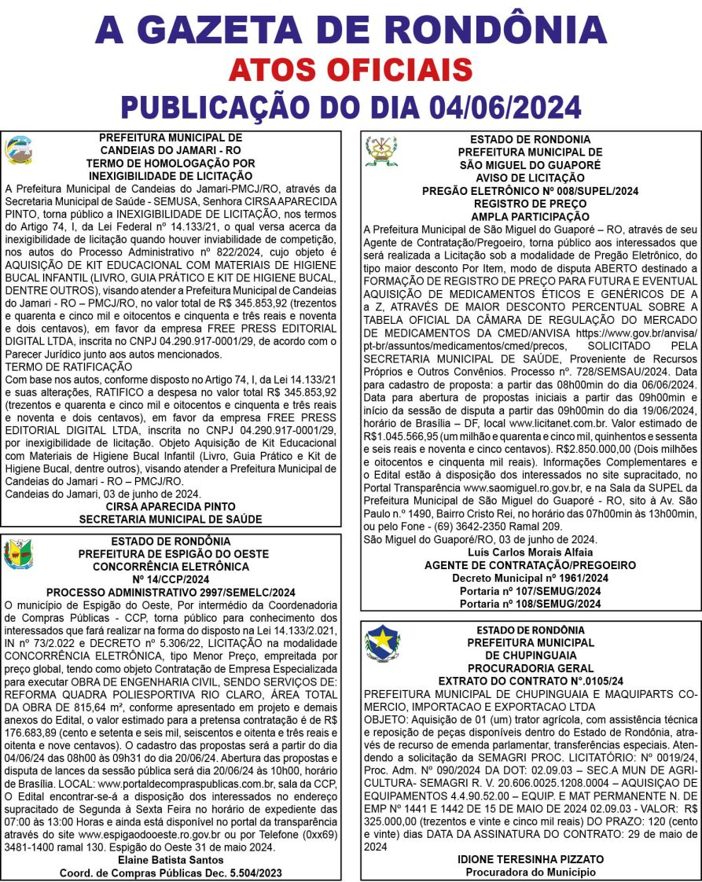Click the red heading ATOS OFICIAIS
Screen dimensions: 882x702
(351, 69)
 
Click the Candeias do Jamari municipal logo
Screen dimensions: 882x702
(19, 150)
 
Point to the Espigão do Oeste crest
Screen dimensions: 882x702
(19, 554)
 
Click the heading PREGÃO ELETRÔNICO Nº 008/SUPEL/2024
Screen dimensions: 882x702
(530, 191)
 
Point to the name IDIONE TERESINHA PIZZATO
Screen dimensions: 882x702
(531, 859)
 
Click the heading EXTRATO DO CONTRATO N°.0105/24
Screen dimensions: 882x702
(531, 680)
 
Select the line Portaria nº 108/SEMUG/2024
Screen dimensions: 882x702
(531, 604)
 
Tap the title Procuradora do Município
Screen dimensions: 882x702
(531, 872)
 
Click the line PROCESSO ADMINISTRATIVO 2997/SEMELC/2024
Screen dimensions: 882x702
(171, 593)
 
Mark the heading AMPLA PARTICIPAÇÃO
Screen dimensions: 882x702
(530, 216)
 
